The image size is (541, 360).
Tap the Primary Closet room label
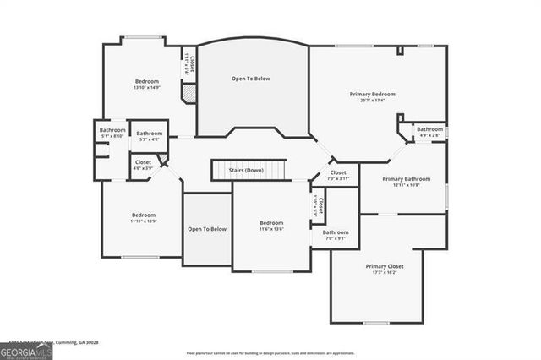385,266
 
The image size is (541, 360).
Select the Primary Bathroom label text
406,179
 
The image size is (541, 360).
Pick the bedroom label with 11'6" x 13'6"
270,226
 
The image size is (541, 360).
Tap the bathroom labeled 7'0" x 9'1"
336,235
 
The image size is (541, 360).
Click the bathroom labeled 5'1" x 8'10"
112,133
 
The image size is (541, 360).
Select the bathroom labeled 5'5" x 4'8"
150,136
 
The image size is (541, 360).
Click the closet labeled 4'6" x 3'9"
143,164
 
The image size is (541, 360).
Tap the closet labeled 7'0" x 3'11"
338,176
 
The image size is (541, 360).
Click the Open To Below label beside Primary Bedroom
251,79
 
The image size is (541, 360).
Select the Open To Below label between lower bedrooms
207,229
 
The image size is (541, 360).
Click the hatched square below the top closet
189,95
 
